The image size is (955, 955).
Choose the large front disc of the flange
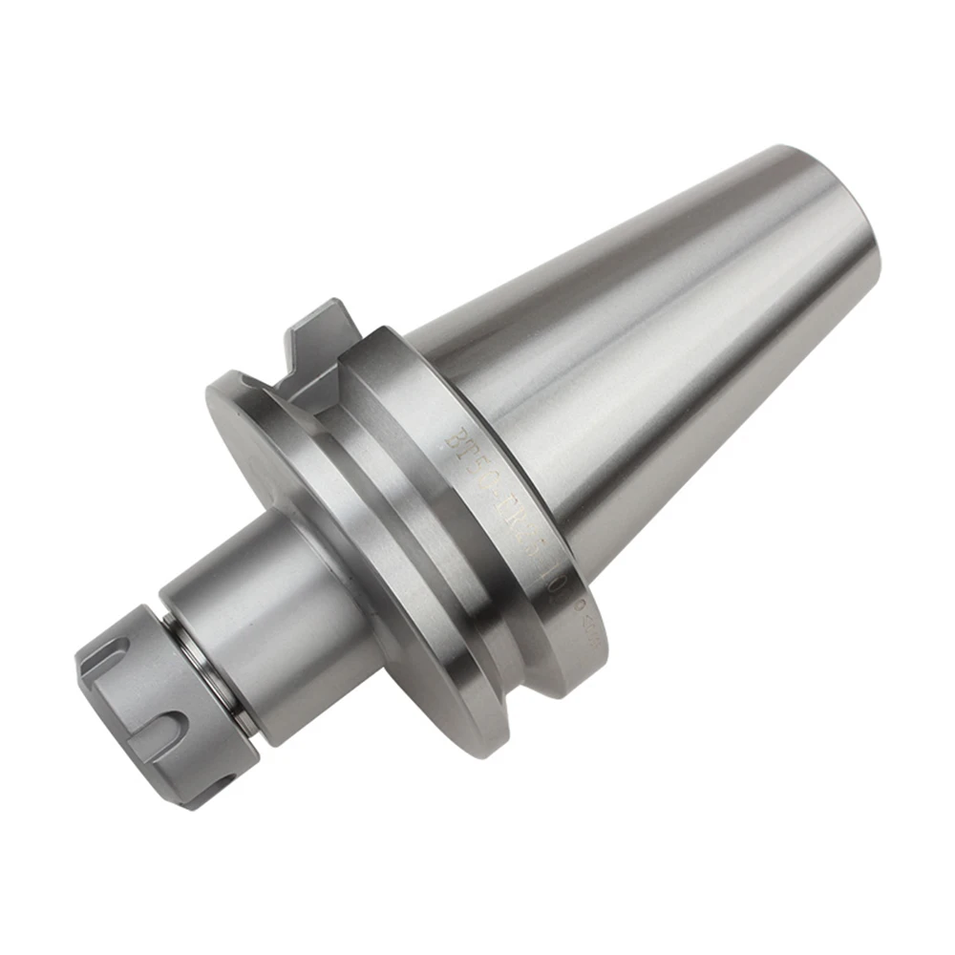[x=315, y=535]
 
